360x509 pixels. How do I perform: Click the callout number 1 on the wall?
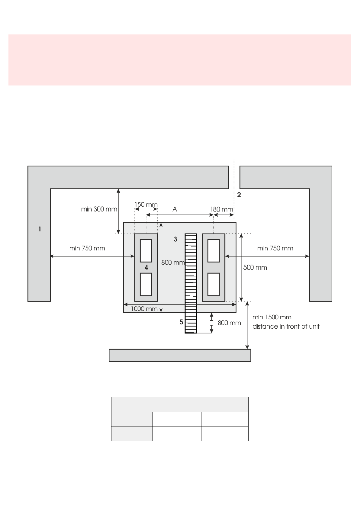pyautogui.click(x=40, y=229)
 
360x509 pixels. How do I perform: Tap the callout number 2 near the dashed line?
pyautogui.click(x=239, y=195)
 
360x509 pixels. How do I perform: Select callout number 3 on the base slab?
pyautogui.click(x=175, y=239)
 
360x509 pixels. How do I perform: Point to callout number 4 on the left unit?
pyautogui.click(x=146, y=267)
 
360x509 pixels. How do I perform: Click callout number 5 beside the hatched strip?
pyautogui.click(x=181, y=322)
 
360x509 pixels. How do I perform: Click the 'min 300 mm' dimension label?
pyautogui.click(x=99, y=209)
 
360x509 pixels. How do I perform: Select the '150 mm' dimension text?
pyautogui.click(x=146, y=205)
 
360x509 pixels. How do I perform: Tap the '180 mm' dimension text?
pyautogui.click(x=222, y=209)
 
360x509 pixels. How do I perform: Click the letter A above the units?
pyautogui.click(x=175, y=209)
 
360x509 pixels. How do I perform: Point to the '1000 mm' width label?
pyautogui.click(x=144, y=309)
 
